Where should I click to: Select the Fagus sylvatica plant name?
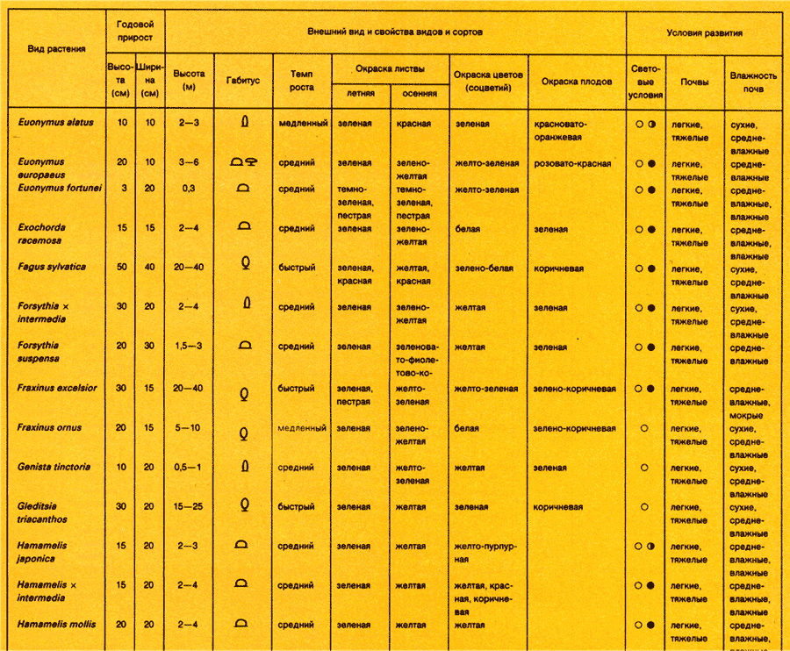[x=52, y=266]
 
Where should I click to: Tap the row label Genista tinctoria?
[x=54, y=467]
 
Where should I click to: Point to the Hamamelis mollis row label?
[x=56, y=624]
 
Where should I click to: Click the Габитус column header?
[x=243, y=79]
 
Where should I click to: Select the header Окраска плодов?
[x=577, y=81]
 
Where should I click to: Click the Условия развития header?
[x=704, y=32]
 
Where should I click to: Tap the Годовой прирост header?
[x=135, y=32]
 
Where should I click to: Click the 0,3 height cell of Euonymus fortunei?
[x=188, y=189]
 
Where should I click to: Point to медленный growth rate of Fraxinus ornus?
[x=302, y=428]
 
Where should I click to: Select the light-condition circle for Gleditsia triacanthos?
[x=644, y=507]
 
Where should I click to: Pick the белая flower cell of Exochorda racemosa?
[x=468, y=229]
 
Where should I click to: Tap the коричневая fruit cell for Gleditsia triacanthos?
[x=558, y=506]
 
